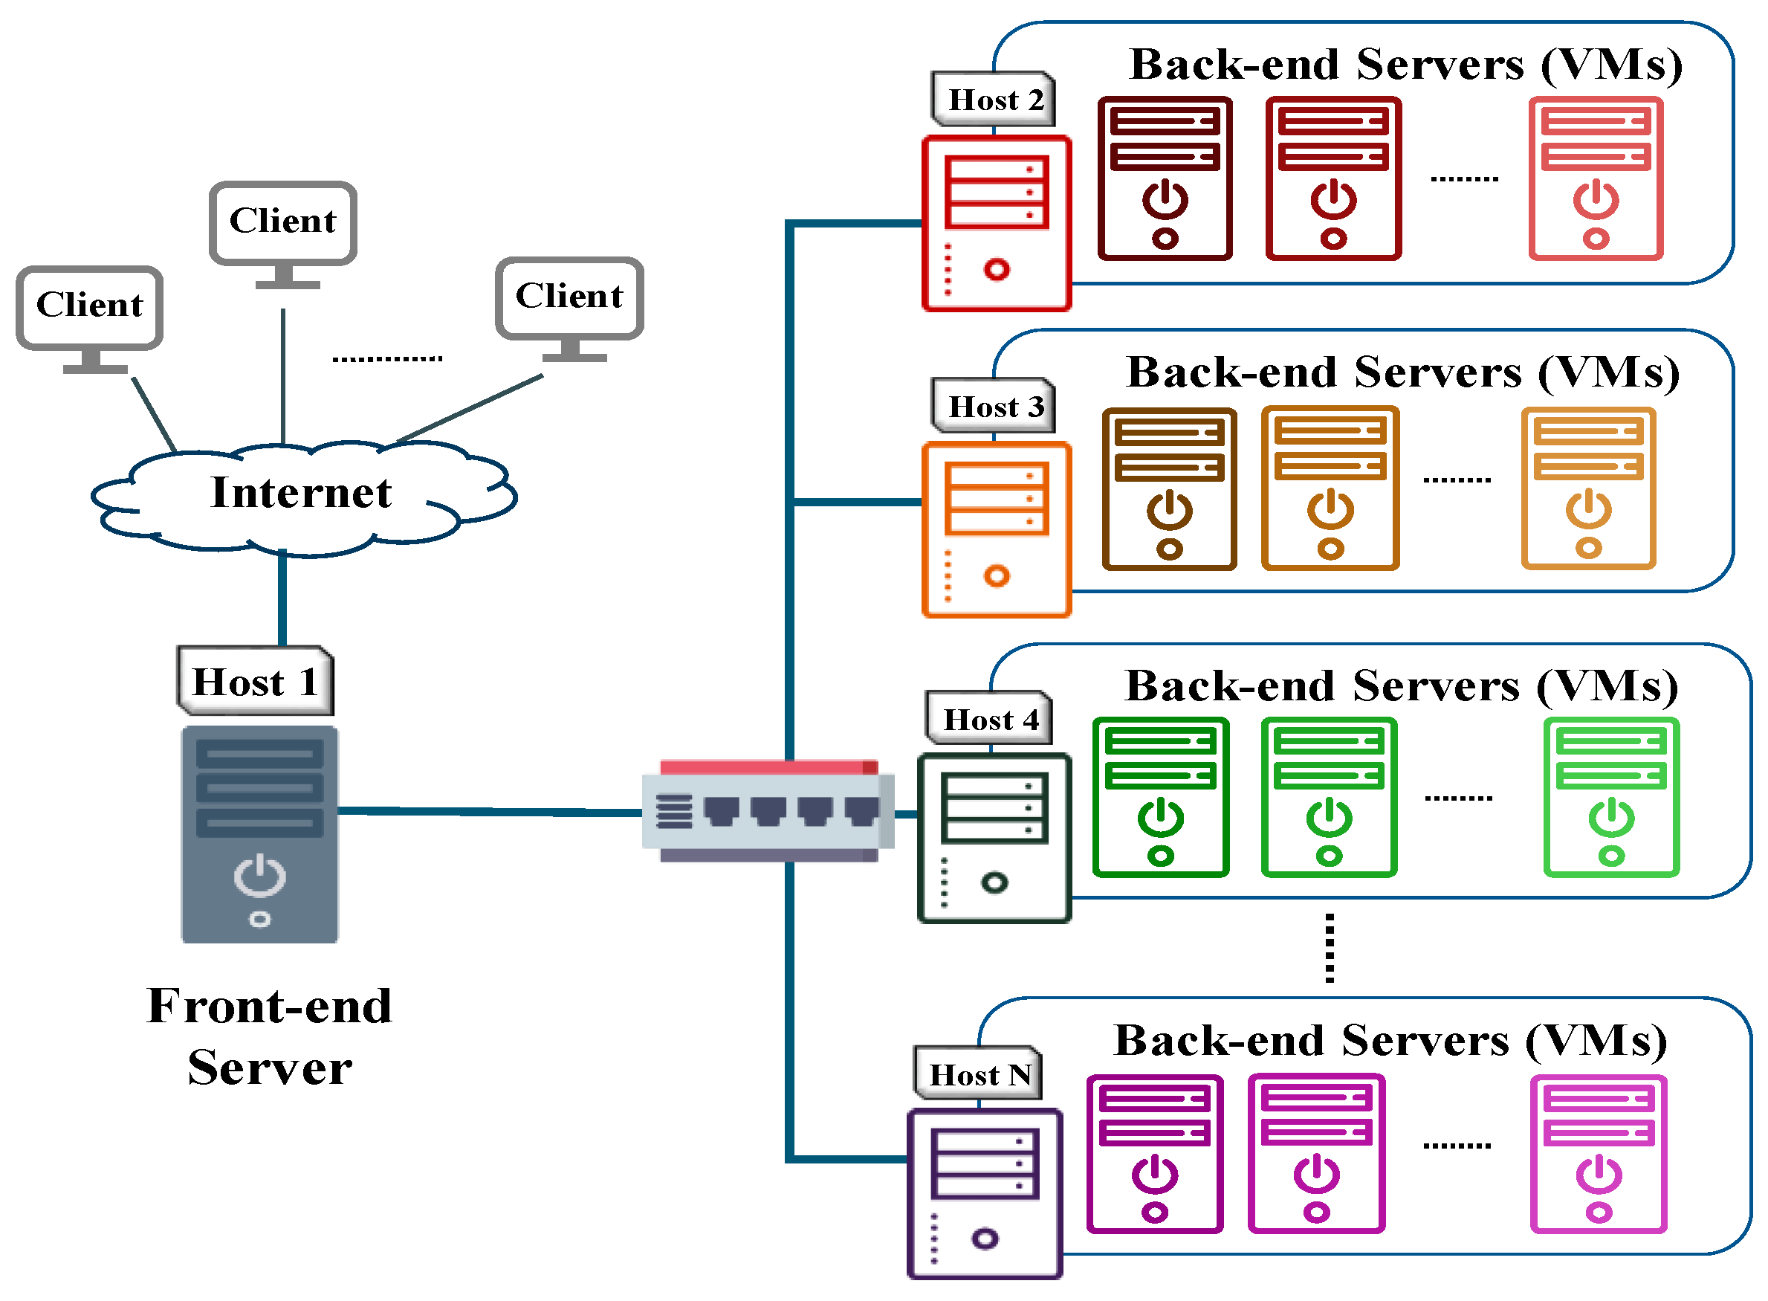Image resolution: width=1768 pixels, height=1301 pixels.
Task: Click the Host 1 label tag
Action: click(255, 681)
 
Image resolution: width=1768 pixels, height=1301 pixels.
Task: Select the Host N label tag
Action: click(979, 1075)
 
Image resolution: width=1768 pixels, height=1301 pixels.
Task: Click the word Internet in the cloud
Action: click(301, 493)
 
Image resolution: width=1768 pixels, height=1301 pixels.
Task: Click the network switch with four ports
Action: click(768, 811)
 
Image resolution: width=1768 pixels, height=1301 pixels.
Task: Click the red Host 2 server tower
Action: click(996, 224)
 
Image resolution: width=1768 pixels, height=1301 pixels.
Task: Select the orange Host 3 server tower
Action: click(996, 530)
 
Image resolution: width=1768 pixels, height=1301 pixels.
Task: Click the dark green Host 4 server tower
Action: click(994, 838)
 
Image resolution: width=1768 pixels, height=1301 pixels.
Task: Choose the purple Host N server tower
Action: click(984, 1192)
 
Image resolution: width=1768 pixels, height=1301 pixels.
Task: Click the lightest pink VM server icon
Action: click(1598, 1155)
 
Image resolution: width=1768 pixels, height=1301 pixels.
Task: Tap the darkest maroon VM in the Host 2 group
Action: click(1165, 178)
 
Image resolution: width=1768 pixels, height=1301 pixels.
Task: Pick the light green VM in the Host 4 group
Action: click(1610, 798)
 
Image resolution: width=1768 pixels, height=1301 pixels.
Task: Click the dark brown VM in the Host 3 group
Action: click(1169, 489)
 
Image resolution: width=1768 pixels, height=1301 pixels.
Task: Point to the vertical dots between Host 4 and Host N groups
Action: click(1329, 947)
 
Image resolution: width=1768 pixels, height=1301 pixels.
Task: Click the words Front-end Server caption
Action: click(269, 1036)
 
